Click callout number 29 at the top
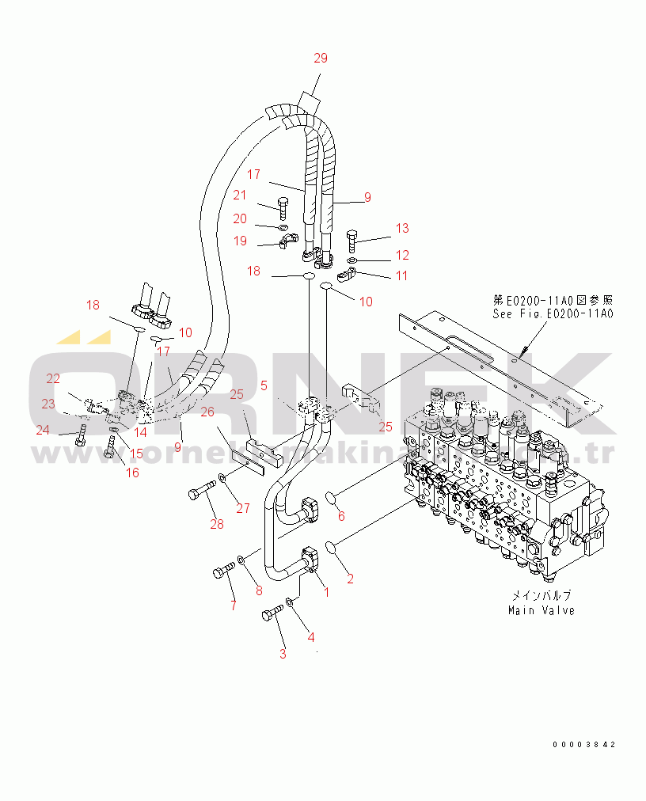320,58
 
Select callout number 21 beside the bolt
239,196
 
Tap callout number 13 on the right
402,229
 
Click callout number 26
207,412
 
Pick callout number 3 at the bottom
282,654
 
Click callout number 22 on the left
52,378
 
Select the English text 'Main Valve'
541,610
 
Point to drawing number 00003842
584,745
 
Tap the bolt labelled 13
353,235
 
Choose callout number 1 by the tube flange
326,591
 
